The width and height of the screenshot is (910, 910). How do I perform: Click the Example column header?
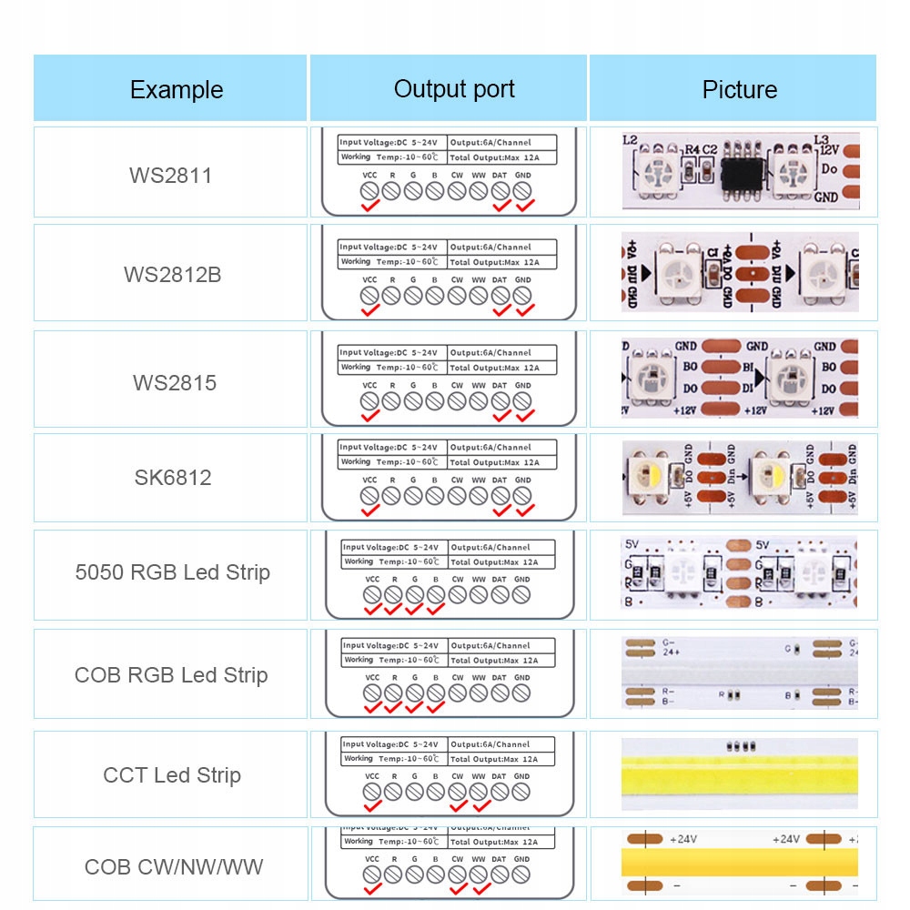176,89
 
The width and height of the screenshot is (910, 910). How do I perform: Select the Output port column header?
454,88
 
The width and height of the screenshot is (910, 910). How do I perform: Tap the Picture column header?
739,89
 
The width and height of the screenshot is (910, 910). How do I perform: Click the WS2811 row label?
170,175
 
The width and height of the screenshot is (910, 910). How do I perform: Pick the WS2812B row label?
172,274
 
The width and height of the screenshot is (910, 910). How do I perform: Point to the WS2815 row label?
175,382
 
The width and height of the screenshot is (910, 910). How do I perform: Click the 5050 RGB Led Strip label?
172,572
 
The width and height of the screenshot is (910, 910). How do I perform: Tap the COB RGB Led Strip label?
171,675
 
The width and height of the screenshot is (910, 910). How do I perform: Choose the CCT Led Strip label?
172,775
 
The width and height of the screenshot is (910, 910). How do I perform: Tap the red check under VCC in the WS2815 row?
369,415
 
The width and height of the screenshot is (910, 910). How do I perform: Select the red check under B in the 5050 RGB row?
436,609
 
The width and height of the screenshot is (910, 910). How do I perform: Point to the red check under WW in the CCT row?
481,805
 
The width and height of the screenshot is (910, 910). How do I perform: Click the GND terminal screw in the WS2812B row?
521,295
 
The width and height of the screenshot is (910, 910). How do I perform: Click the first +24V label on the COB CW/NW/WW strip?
683,839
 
